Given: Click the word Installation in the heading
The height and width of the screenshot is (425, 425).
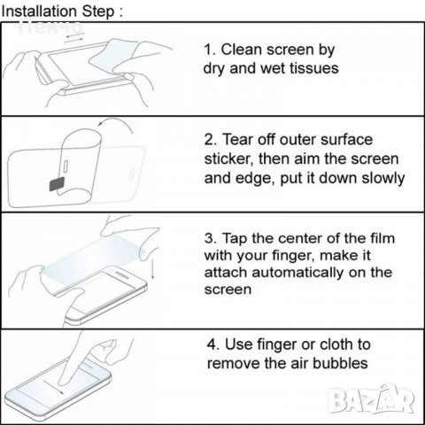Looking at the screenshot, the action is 40,12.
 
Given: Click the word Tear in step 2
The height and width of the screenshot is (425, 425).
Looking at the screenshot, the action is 238,139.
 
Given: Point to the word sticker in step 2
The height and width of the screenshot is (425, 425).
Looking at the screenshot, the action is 229,159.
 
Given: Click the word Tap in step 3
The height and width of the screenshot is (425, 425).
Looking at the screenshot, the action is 235,239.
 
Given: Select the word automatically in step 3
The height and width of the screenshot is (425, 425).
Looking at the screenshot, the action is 297,273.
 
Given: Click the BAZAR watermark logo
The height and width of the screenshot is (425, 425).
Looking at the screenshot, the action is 371,398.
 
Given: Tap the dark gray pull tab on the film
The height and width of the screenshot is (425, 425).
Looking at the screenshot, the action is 57,184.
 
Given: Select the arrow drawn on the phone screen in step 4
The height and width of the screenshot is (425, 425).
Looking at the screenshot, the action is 53,386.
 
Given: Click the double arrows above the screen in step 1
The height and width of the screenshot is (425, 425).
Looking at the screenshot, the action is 74,37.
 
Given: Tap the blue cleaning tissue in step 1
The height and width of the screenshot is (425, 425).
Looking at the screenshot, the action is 113,55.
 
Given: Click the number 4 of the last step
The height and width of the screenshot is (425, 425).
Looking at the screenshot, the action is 212,344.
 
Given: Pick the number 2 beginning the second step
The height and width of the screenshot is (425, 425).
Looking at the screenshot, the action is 209,140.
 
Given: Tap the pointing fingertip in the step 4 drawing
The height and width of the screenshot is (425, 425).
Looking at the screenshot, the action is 63,381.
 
